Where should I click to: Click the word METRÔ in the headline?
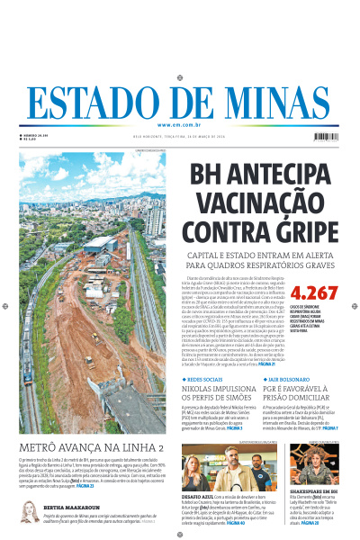click(x=41, y=447)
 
